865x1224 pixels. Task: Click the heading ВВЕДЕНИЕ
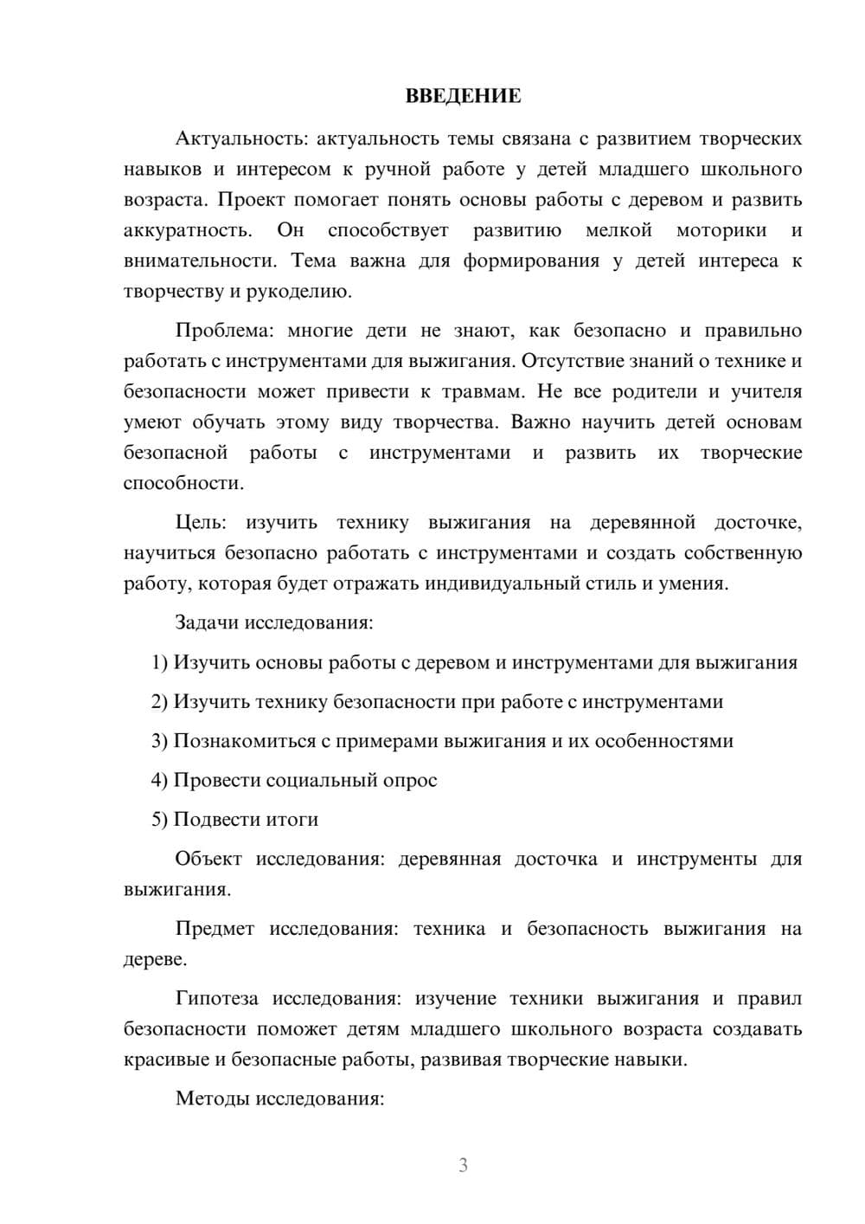pos(463,96)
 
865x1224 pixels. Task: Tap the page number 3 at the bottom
pos(463,1165)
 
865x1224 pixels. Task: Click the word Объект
pos(209,859)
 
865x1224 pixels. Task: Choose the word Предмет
pos(215,929)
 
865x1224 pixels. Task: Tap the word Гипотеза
pos(216,998)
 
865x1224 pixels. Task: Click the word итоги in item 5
pos(292,819)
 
